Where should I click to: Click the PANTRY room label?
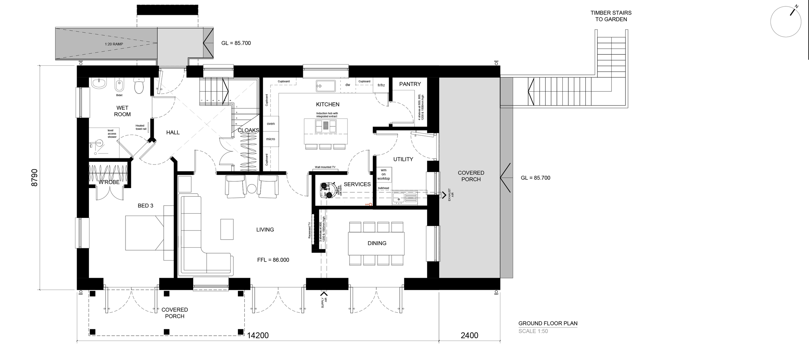[x=410, y=84]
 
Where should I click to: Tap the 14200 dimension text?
[x=258, y=335]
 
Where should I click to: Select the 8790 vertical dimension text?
[x=35, y=177]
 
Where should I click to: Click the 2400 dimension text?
[x=469, y=335]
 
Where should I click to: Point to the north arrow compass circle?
[x=785, y=22]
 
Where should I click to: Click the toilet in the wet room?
[x=139, y=85]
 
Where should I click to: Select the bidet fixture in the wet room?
[x=119, y=85]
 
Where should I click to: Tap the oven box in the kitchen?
[x=271, y=124]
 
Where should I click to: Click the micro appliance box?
[x=271, y=139]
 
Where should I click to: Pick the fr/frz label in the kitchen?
[x=381, y=85]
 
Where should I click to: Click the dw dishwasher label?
[x=348, y=85]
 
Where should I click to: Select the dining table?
[x=376, y=243]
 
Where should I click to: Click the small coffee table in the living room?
[x=227, y=229]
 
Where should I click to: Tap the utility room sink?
[x=404, y=197]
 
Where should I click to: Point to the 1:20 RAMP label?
[x=114, y=44]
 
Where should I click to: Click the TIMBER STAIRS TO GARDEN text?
[x=611, y=16]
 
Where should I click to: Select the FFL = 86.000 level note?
[x=273, y=260]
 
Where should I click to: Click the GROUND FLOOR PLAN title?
[x=548, y=323]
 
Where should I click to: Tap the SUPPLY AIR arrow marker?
[x=324, y=294]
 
